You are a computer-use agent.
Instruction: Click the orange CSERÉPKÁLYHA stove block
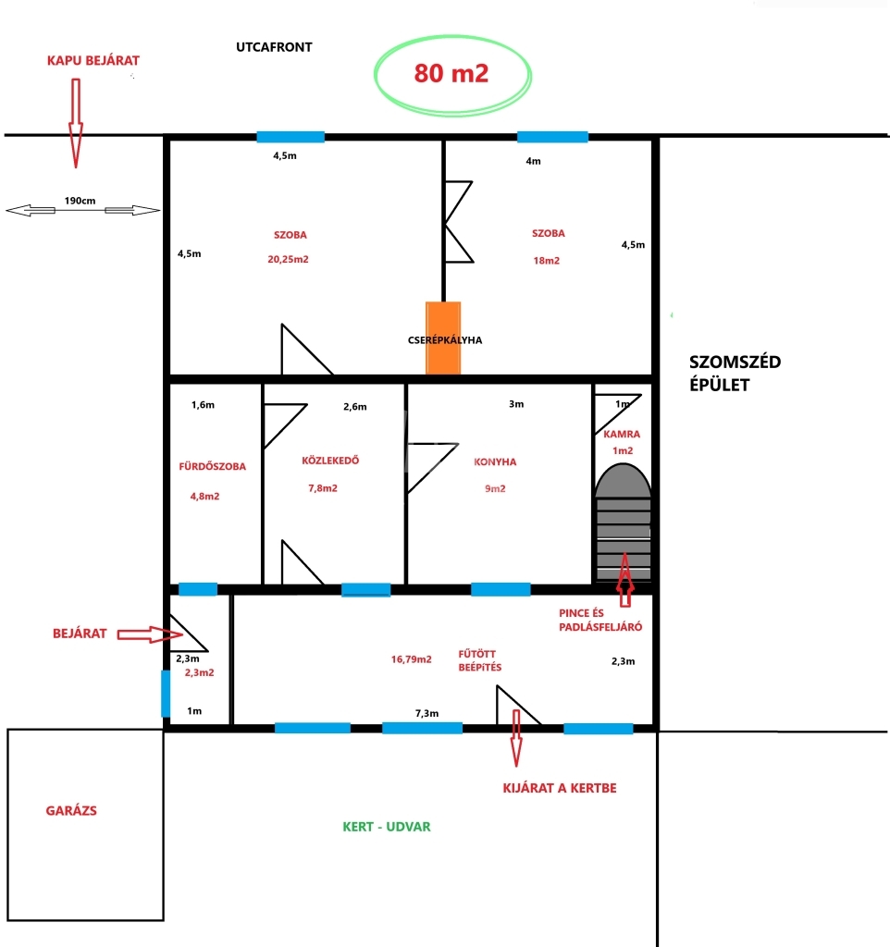pyautogui.click(x=443, y=338)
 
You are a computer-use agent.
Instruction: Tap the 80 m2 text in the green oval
pyautogui.click(x=451, y=73)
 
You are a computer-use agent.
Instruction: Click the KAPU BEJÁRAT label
pyautogui.click(x=93, y=60)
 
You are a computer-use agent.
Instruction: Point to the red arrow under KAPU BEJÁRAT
pyautogui.click(x=76, y=123)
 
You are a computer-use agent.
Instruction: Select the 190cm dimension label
pyautogui.click(x=80, y=201)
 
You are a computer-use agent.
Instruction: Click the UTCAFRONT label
pyautogui.click(x=274, y=47)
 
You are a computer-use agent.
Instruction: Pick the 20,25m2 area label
pyautogui.click(x=289, y=259)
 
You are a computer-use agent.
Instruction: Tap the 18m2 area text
pyautogui.click(x=546, y=260)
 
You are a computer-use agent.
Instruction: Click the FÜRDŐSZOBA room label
pyautogui.click(x=212, y=466)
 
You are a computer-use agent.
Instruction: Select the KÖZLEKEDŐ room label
pyautogui.click(x=330, y=461)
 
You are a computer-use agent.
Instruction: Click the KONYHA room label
pyautogui.click(x=495, y=462)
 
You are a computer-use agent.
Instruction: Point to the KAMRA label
pyautogui.click(x=622, y=434)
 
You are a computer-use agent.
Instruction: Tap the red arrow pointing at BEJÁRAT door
pyautogui.click(x=149, y=634)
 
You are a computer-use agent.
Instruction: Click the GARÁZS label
pyautogui.click(x=71, y=810)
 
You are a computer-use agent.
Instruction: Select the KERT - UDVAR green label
pyautogui.click(x=387, y=827)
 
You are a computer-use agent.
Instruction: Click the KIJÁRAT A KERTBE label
pyautogui.click(x=560, y=788)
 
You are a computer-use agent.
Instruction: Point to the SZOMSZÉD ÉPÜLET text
pyautogui.click(x=735, y=374)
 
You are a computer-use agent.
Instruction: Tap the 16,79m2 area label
pyautogui.click(x=411, y=659)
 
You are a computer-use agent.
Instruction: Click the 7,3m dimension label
pyautogui.click(x=426, y=713)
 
